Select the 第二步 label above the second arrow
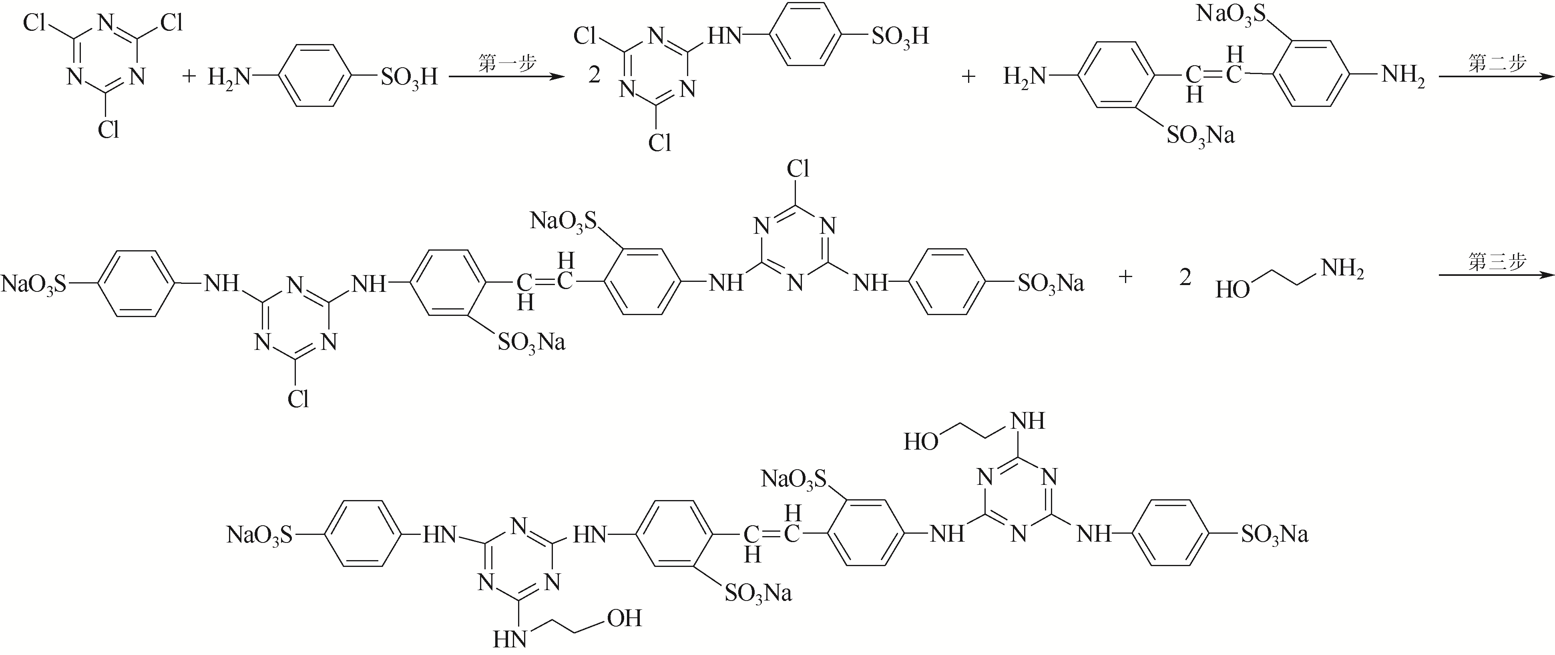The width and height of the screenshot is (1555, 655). click(x=1497, y=63)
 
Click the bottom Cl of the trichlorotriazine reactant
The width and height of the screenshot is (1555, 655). click(x=108, y=130)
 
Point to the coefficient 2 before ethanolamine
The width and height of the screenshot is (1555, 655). click(x=1185, y=278)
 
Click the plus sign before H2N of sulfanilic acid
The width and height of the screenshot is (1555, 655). click(x=189, y=76)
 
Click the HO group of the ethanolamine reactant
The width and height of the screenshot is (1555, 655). click(x=1232, y=290)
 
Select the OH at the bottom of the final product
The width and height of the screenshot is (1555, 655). click(x=624, y=618)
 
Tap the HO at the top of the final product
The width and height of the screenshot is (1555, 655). click(x=920, y=442)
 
